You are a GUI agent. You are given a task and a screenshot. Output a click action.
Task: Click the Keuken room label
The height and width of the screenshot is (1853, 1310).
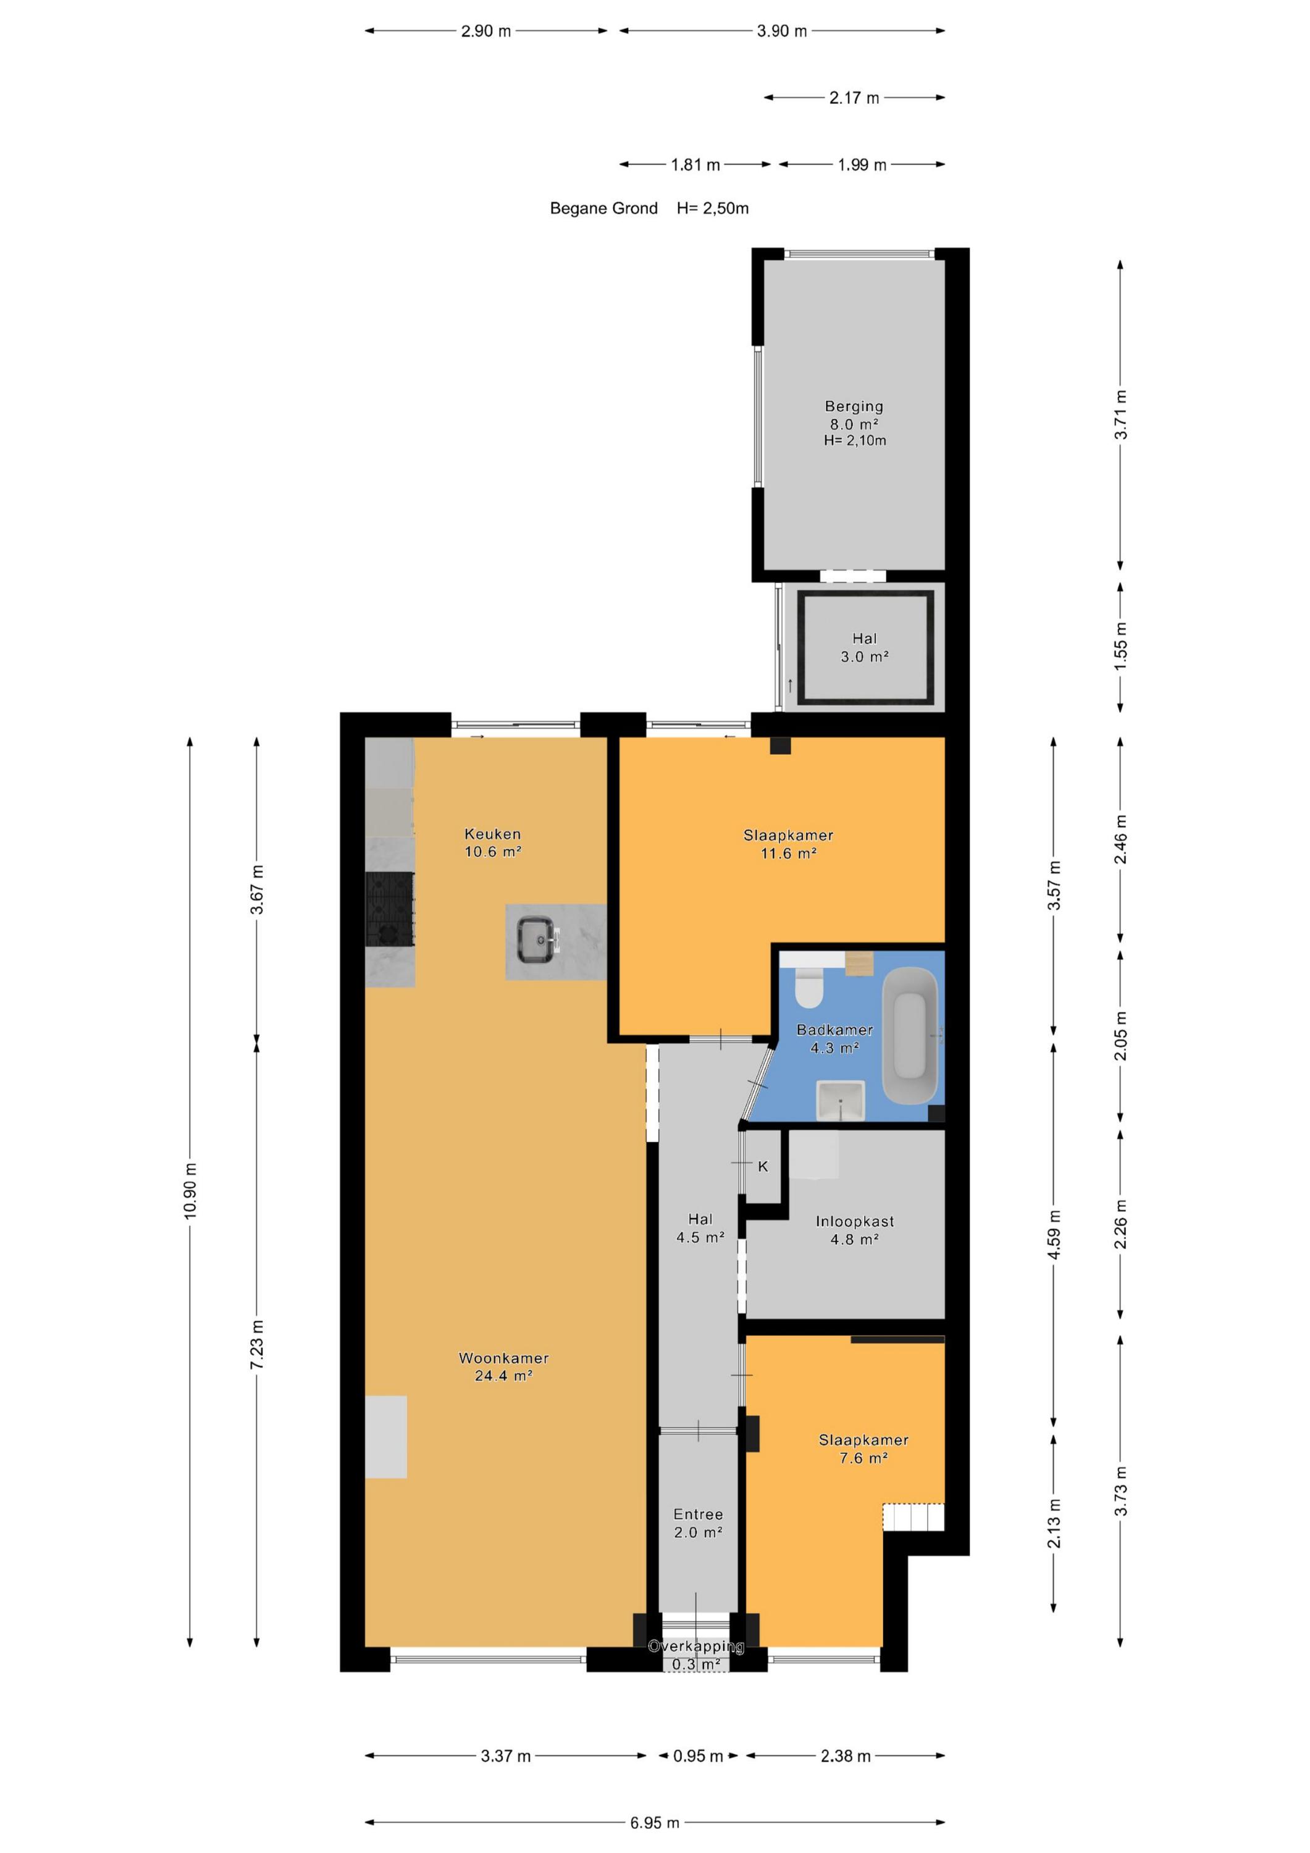(x=492, y=834)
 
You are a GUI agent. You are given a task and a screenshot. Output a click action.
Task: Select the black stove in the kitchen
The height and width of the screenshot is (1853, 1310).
(x=390, y=909)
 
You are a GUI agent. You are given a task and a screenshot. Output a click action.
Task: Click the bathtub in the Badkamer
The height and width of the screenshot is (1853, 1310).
(x=910, y=1035)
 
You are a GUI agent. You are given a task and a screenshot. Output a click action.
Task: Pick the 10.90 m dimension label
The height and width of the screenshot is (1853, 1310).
(x=190, y=1191)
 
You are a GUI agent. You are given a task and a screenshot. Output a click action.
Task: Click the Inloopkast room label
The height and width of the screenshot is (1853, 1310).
(x=855, y=1221)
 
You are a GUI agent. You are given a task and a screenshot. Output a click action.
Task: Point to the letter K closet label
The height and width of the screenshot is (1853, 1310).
(x=763, y=1166)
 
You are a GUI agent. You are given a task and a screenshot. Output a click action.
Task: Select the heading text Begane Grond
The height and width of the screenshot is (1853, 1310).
(x=604, y=208)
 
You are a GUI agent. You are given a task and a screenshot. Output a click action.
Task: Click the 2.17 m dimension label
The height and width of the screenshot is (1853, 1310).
(x=854, y=98)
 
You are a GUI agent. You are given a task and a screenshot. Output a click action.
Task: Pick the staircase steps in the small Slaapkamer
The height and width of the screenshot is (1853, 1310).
(x=913, y=1516)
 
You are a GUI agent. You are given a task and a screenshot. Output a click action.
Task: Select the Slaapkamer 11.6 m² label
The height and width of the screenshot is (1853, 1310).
(x=787, y=843)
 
